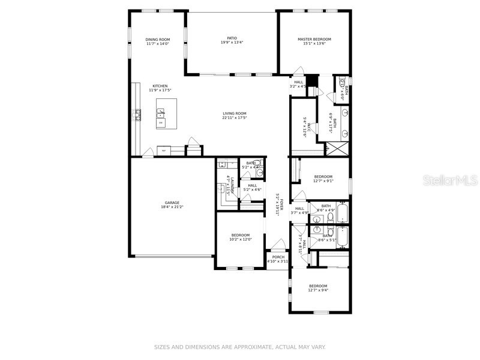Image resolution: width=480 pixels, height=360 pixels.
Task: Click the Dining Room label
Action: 158,40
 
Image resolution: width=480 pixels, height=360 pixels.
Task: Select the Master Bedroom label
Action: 314,40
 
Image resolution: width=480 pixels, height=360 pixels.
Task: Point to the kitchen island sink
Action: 161,111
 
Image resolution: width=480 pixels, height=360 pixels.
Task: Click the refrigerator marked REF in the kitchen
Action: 163,151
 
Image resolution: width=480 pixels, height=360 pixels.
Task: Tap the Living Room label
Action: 235,113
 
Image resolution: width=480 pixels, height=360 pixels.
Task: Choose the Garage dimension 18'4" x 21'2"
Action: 172,207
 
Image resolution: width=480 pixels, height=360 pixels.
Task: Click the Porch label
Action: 278,257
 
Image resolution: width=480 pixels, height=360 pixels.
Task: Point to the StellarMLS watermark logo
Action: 452,179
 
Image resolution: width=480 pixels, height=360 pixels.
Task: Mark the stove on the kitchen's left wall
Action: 138,114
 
